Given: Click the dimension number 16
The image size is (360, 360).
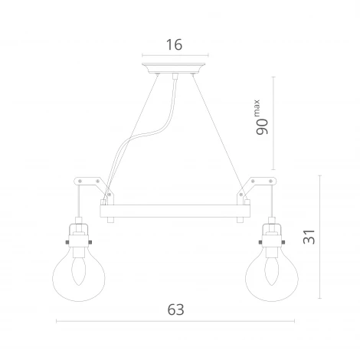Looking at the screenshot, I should click(x=174, y=45).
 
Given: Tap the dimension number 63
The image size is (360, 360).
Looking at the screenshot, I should click(x=176, y=309).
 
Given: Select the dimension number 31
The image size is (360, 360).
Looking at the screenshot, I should click(x=309, y=238).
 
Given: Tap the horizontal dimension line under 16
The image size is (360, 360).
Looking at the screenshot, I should click(x=174, y=56).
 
